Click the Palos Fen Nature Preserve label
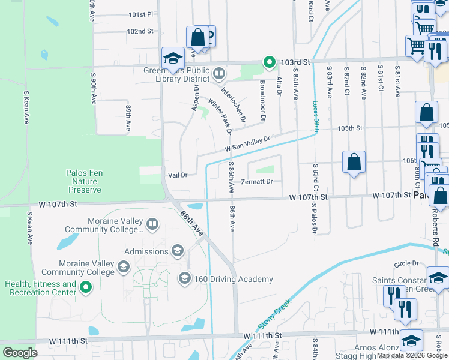tap(84, 181)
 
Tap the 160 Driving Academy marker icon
tap(184, 278)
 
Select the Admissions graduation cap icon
tap(177, 251)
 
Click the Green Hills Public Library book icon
tap(219, 74)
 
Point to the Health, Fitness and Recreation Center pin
tap(85, 288)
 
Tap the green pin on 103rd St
tap(270, 62)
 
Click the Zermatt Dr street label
tap(257, 181)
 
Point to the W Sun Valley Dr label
tap(248, 143)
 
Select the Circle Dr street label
tap(406, 263)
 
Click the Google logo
tap(20, 353)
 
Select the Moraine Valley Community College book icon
tap(152, 225)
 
